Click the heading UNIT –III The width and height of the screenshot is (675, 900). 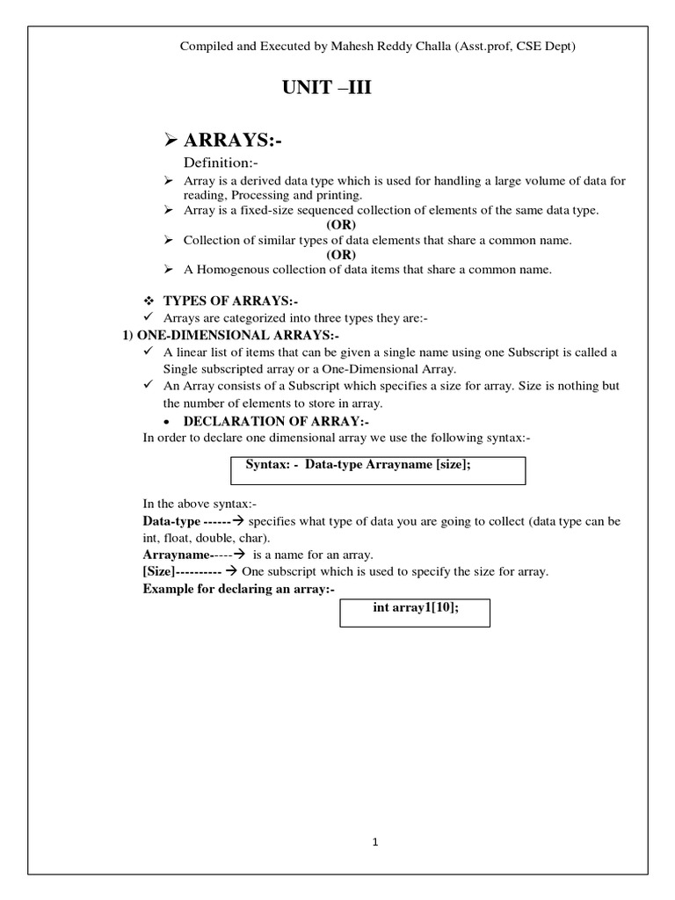pos(319,88)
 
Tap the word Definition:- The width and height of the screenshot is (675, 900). pos(220,163)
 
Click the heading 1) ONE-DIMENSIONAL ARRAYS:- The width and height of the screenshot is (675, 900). pos(229,335)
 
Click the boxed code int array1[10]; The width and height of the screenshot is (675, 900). pos(415,609)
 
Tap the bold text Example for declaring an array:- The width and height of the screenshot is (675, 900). pos(239,588)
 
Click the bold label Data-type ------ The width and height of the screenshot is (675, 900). pos(178,521)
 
